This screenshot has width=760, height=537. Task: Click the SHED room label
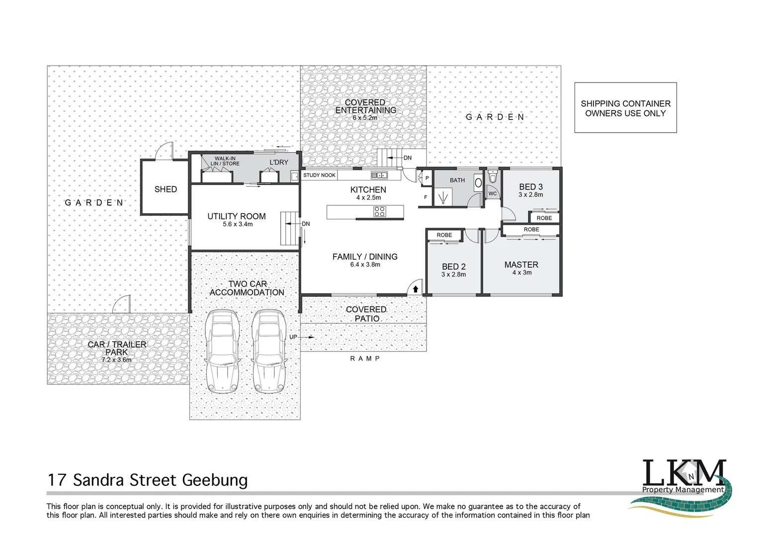tap(166, 189)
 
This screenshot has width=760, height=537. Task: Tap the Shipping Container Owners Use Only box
tap(625, 108)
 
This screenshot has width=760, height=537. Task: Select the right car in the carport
tap(269, 351)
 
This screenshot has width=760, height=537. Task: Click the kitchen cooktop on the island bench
tap(380, 212)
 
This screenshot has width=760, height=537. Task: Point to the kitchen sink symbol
tap(379, 175)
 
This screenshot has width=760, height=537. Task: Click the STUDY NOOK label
tap(319, 176)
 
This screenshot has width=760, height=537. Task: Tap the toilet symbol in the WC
tap(492, 177)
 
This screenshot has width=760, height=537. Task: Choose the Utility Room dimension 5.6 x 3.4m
tap(238, 224)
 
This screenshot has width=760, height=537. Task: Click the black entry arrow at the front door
tap(415, 289)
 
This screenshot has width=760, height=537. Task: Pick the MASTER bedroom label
tap(521, 265)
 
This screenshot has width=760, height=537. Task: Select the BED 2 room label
tap(453, 267)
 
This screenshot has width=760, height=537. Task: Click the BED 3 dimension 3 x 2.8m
tap(530, 195)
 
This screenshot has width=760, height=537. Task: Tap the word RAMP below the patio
tap(365, 358)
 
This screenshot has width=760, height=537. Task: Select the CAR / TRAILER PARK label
tap(117, 348)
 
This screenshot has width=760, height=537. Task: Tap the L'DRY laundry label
tap(279, 163)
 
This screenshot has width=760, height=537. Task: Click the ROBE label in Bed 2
tap(444, 235)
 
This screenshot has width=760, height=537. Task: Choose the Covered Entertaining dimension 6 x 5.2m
tap(365, 118)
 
